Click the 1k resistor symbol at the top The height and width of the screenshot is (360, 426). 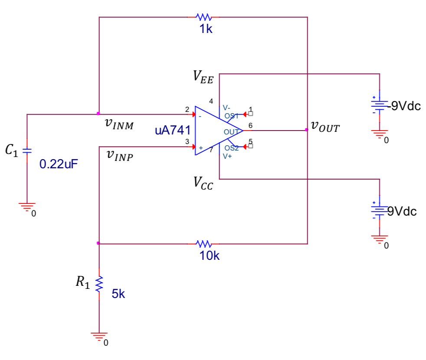(203, 17)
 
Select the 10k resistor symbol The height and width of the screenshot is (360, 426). (203, 244)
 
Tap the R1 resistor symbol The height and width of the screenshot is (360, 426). (99, 284)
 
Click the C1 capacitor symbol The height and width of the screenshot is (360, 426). (27, 151)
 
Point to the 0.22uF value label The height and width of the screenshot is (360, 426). (59, 164)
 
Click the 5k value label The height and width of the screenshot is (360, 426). (118, 294)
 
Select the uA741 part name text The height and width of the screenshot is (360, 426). (173, 131)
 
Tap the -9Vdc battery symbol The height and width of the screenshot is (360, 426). (379, 105)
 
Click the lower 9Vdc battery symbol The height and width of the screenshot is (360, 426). (379, 210)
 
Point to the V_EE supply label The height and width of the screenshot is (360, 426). (203, 77)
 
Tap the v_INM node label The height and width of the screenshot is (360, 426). (119, 124)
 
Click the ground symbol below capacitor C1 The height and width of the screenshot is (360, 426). (27, 206)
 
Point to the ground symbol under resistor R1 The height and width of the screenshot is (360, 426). (99, 336)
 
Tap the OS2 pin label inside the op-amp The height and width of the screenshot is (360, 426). (231, 149)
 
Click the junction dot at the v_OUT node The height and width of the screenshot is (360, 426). (307, 130)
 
